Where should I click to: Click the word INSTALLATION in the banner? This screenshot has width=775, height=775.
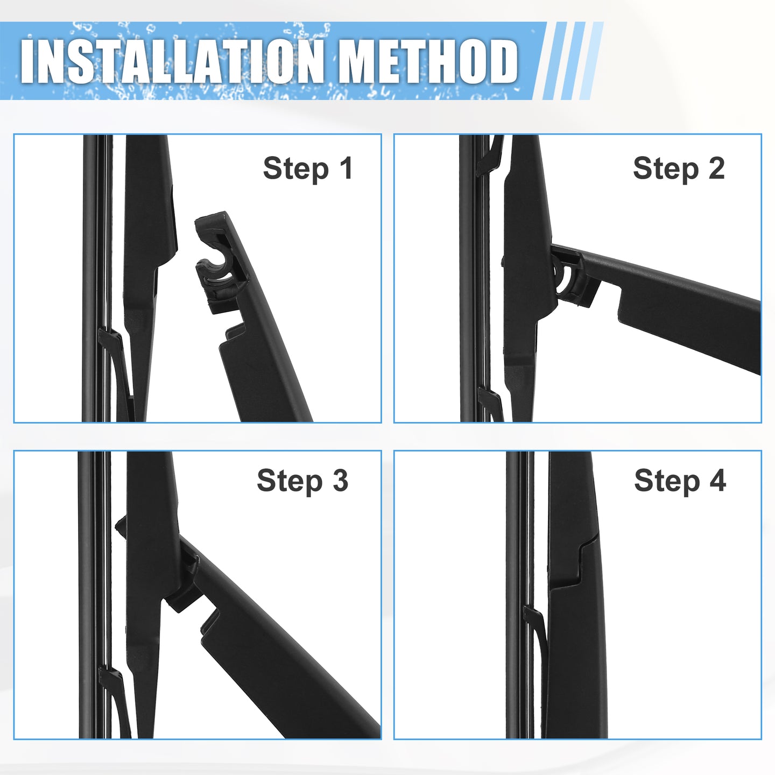point(173,61)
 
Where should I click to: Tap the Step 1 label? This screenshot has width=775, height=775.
point(308,168)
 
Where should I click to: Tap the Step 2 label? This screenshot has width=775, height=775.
point(679,168)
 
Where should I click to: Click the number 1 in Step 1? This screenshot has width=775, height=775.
point(346,168)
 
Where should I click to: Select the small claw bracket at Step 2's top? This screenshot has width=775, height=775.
point(488,156)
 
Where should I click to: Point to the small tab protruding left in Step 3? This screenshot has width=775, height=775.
point(121,525)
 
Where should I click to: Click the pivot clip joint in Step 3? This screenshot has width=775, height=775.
point(185,575)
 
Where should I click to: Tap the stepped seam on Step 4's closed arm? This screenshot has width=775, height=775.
point(579,562)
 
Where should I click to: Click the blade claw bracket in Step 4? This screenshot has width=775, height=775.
point(535,636)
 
